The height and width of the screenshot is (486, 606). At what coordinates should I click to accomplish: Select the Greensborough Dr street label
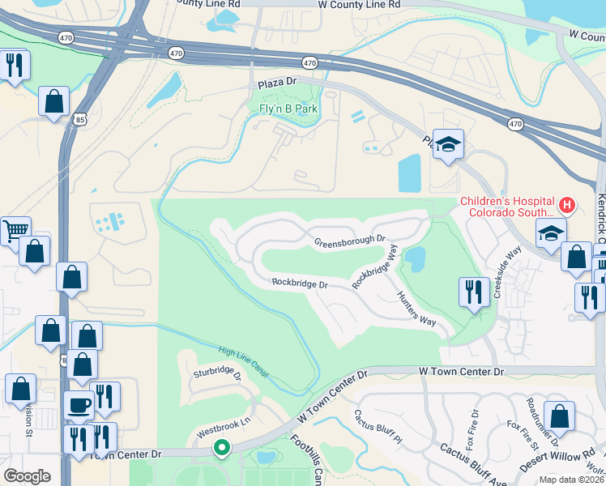pyautogui.click(x=350, y=241)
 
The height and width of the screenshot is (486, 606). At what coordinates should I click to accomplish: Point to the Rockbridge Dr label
pyautogui.click(x=300, y=283)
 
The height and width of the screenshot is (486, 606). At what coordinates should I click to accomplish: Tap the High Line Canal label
pyautogui.click(x=244, y=362)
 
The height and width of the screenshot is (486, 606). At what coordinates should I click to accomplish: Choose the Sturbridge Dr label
pyautogui.click(x=217, y=374)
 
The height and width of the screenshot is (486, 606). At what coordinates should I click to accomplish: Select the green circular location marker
pyautogui.click(x=221, y=447)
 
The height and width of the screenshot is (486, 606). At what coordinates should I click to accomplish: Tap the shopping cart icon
pyautogui.click(x=14, y=230)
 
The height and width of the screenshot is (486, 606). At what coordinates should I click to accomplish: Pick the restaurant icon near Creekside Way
pyautogui.click(x=473, y=291)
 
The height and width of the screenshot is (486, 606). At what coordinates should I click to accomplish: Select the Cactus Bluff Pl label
pyautogui.click(x=378, y=428)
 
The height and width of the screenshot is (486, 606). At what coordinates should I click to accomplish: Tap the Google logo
pyautogui.click(x=27, y=476)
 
